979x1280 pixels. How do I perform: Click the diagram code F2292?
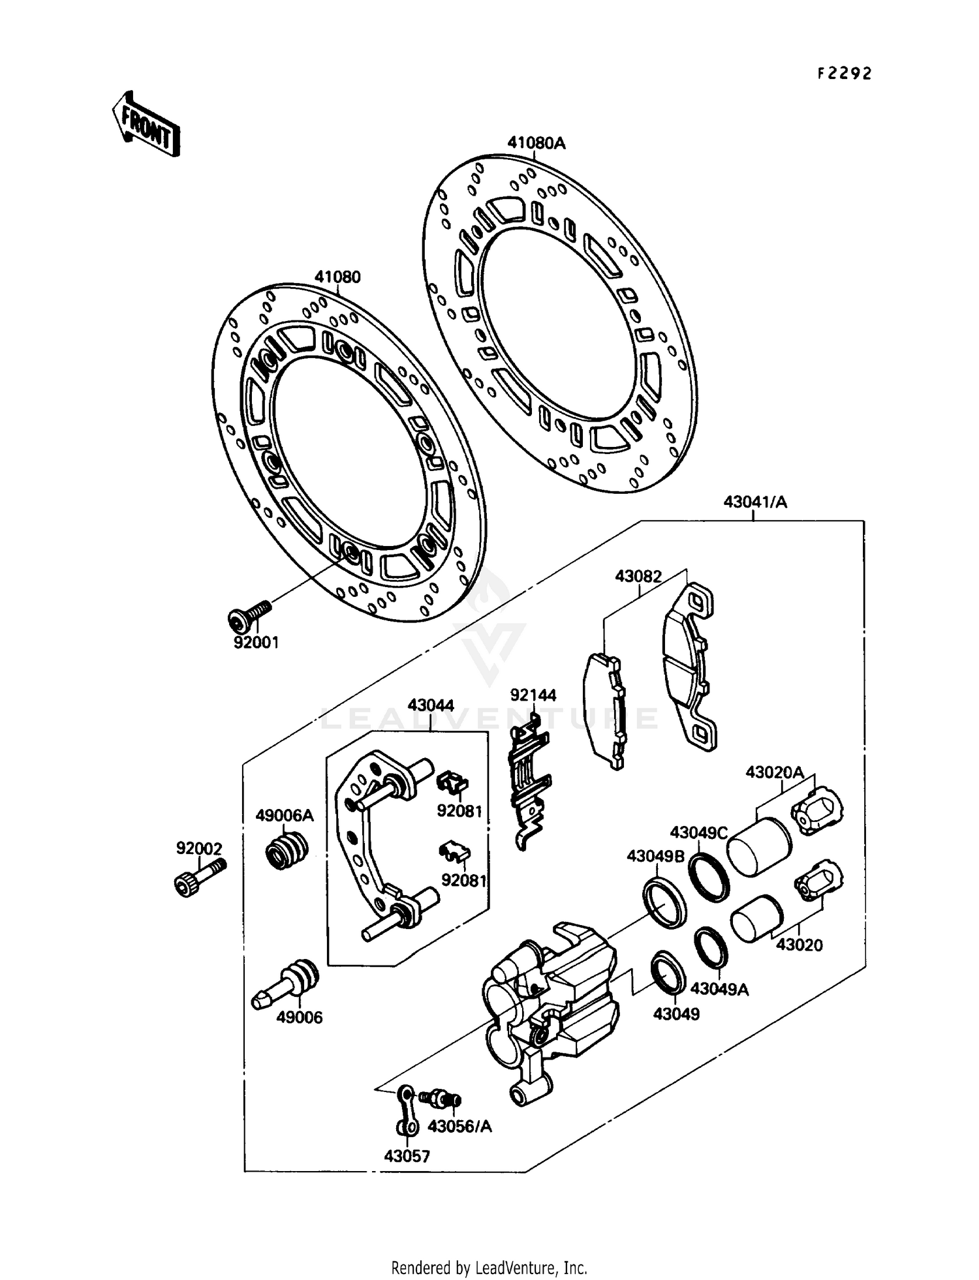845,74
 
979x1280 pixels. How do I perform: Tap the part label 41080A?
536,143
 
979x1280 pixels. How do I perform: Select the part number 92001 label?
256,643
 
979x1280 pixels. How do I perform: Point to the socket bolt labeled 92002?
199,876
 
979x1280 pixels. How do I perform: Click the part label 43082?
638,577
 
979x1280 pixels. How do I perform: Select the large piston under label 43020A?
759,847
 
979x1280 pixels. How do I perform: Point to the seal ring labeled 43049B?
664,902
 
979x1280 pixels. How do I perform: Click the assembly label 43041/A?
755,502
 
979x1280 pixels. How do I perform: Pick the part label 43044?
431,705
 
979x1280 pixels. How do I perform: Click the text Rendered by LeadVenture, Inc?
489,1268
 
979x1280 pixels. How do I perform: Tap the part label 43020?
799,945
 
